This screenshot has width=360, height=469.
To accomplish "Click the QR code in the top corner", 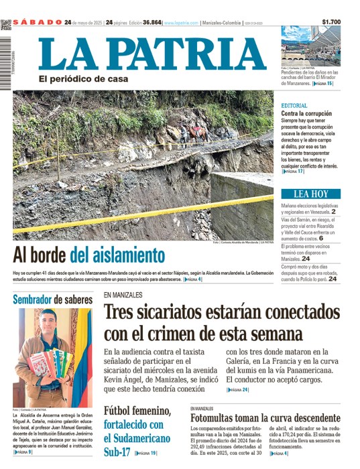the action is pyautogui.click(x=6, y=24).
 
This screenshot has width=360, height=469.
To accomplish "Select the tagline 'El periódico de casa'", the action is pyautogui.click(x=82, y=79).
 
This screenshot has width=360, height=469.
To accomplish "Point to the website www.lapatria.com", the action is pyautogui.click(x=181, y=22).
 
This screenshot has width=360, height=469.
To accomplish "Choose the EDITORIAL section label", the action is pyautogui.click(x=294, y=106).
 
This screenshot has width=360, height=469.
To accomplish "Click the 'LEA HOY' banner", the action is pyautogui.click(x=311, y=194).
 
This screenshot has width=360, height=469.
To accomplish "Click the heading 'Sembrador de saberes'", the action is pyautogui.click(x=52, y=299).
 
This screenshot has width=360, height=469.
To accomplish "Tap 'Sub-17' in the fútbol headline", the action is pyautogui.click(x=119, y=453).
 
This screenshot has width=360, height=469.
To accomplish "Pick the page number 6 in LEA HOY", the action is pyautogui.click(x=321, y=238).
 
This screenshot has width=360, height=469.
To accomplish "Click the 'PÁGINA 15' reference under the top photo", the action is pyautogui.click(x=321, y=84).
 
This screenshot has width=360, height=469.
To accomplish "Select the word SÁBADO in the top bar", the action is pyautogui.click(x=37, y=22).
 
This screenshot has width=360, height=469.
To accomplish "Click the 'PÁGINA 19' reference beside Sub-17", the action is pyautogui.click(x=146, y=454).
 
